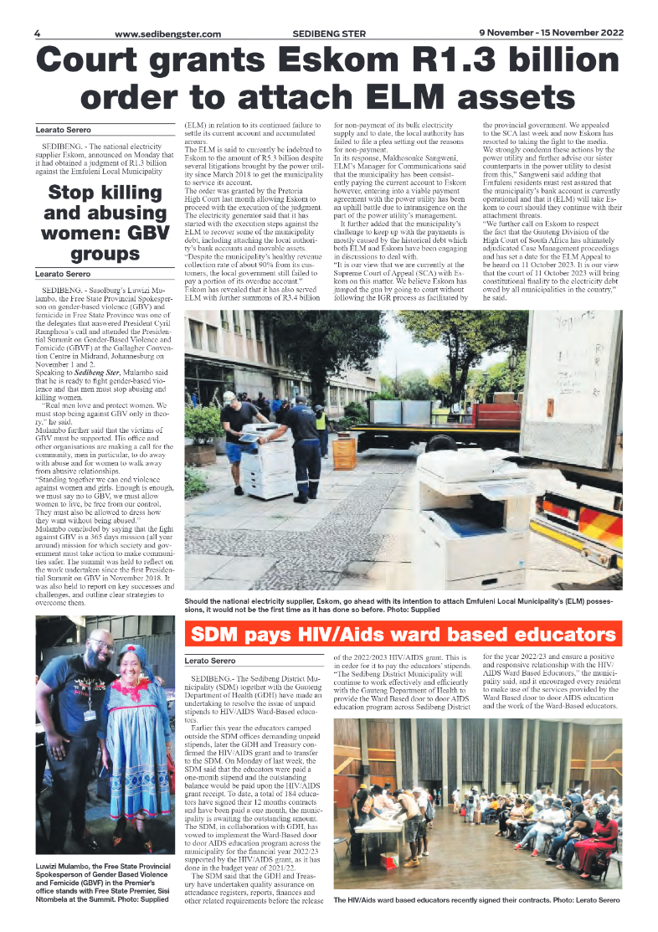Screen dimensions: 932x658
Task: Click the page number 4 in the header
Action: pos(38,33)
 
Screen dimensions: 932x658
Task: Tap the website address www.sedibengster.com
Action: pos(167,34)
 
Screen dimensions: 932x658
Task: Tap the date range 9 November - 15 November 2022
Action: pos(551,33)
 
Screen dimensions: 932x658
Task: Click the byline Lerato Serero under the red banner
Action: pos(211,662)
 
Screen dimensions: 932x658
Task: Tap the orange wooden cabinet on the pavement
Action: pos(344,451)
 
